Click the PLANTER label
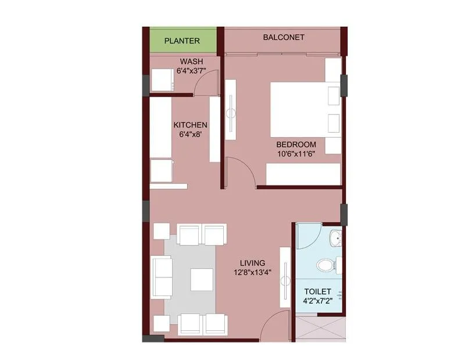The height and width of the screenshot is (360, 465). pos(182,41)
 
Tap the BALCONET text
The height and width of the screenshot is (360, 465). pos(284,37)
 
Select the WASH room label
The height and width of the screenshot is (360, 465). pos(190,62)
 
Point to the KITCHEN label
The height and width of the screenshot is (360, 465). pos(191,124)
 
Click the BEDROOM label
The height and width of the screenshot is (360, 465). pos(296,145)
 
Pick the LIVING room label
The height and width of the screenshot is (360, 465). pos(252,263)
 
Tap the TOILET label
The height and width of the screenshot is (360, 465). pos(318,291)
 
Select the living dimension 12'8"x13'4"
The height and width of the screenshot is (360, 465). pos(252,272)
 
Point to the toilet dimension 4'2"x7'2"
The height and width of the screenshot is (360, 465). pos(318,301)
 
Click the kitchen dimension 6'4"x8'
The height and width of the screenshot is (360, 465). pos(191,134)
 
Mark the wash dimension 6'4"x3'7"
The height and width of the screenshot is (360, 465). pos(190,71)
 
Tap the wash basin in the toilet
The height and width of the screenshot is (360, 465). pos(335,238)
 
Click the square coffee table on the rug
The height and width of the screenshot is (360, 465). pos(202,279)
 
